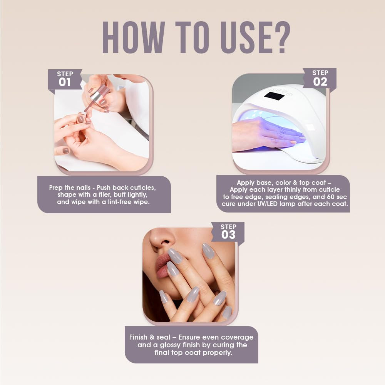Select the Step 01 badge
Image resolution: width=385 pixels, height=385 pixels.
[65, 79]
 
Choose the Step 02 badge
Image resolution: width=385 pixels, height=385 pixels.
[320, 78]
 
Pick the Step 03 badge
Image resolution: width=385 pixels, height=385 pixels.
[228, 231]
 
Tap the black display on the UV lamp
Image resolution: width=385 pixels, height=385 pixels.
[275, 96]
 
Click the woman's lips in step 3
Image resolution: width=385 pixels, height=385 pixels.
[164, 265]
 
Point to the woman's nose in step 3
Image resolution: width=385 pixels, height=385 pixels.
[160, 239]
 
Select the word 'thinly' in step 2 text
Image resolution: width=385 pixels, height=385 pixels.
[289, 189]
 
